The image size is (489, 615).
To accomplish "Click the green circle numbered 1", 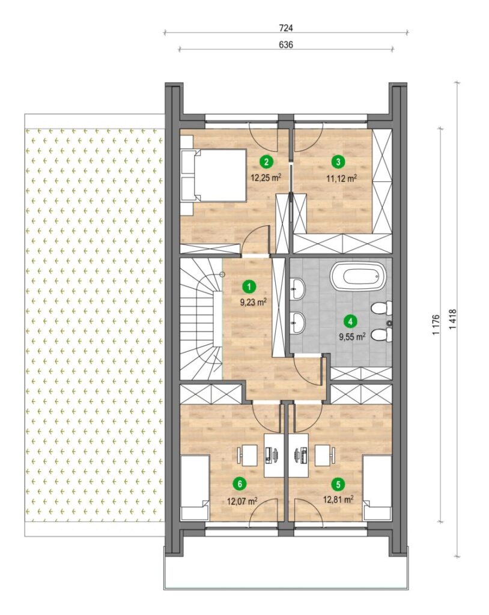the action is pyautogui.click(x=249, y=286).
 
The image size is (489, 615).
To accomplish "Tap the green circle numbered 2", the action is pyautogui.click(x=267, y=161).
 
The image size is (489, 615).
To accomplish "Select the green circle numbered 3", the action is pyautogui.click(x=338, y=161).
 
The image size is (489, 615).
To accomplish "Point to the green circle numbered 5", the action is pyautogui.click(x=338, y=485).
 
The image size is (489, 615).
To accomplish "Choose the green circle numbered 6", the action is pyautogui.click(x=240, y=484).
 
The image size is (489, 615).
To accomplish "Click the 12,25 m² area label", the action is pyautogui.click(x=267, y=178).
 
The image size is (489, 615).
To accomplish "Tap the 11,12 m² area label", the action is pyautogui.click(x=341, y=178).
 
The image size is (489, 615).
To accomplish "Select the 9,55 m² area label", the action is pyautogui.click(x=353, y=336).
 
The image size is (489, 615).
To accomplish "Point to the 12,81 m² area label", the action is pyautogui.click(x=338, y=499).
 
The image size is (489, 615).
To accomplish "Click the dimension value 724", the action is pyautogui.click(x=286, y=28).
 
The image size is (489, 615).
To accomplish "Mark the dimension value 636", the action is pyautogui.click(x=286, y=44).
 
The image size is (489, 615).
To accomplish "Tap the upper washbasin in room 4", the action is pyautogui.click(x=298, y=289).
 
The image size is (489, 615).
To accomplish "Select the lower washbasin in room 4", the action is pyautogui.click(x=298, y=323).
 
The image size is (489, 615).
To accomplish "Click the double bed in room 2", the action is pyautogui.click(x=213, y=175).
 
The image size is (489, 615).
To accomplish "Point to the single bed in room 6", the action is pyautogui.click(x=195, y=488).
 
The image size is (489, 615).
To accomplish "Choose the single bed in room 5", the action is pyautogui.click(x=377, y=488).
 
